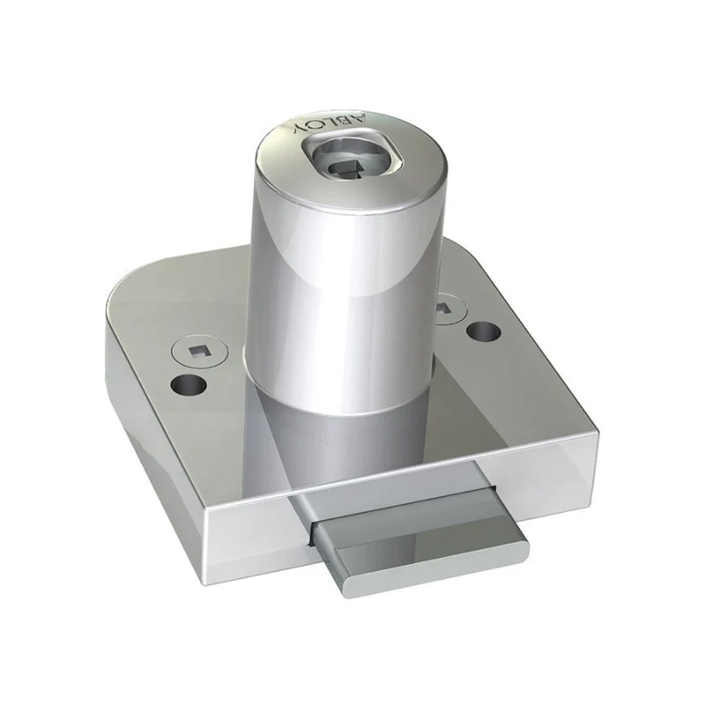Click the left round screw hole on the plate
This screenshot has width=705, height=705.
(x=189, y=384)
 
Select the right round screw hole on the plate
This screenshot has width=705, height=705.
(x=484, y=333)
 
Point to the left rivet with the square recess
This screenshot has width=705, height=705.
(x=199, y=350)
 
